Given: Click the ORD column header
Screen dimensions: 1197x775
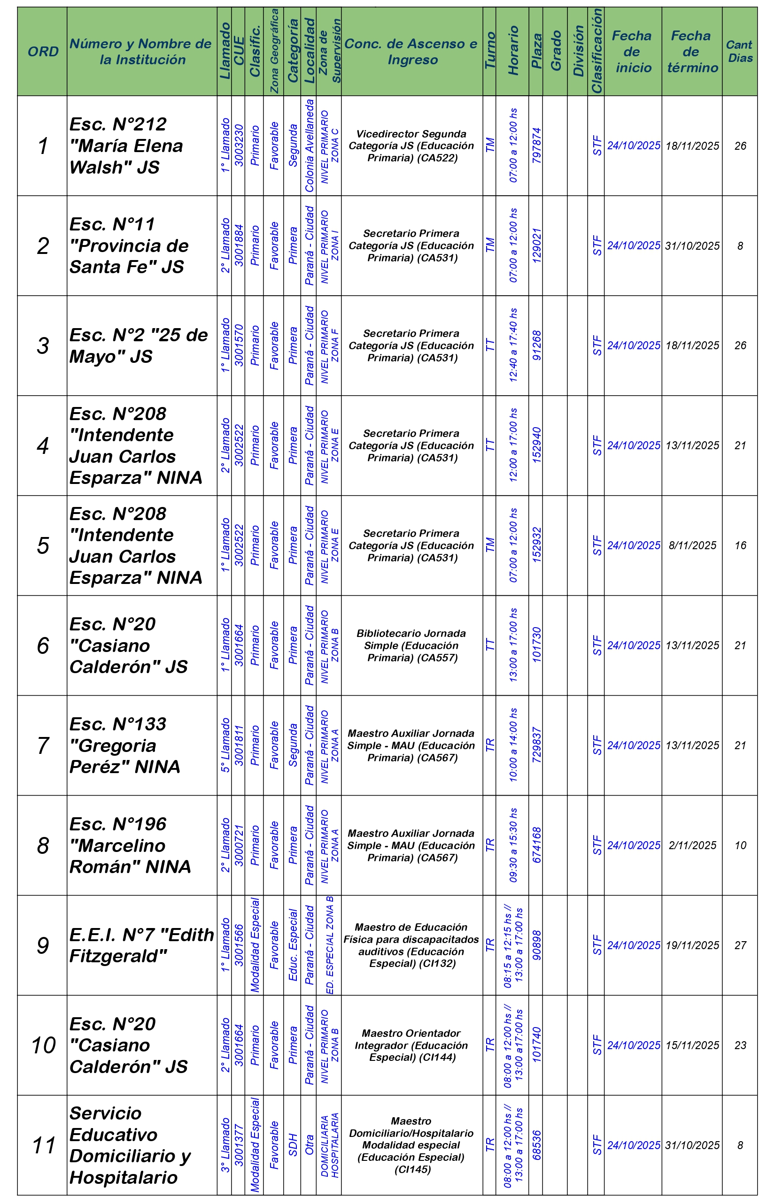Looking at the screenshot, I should (43, 51).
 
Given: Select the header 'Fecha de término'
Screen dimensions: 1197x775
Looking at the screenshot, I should (692, 51).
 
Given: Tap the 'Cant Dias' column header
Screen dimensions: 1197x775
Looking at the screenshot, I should (739, 51).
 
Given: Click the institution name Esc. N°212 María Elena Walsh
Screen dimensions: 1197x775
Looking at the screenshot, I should (126, 146).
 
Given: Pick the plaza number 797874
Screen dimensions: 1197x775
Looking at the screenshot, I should (536, 146).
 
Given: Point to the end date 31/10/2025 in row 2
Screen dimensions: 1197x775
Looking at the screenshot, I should (692, 246).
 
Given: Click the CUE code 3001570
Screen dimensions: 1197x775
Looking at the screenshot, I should (239, 345).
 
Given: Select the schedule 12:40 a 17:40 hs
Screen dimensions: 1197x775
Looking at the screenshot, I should (513, 345).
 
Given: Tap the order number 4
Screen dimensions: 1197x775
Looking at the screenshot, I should (43, 445).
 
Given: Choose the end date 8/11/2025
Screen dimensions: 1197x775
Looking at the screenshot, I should (692, 545).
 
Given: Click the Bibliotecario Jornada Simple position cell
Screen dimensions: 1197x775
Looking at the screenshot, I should (411, 646).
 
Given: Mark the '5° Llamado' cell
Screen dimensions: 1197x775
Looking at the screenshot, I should (225, 745).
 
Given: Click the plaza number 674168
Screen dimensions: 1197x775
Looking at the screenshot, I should (536, 845).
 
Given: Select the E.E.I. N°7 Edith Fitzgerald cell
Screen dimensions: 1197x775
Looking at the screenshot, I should (141, 945).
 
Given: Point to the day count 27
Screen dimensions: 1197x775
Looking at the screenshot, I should (740, 945).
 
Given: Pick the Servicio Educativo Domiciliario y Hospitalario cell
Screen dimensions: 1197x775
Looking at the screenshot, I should (130, 1145).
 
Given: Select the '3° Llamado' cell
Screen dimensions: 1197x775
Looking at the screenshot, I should (225, 1145).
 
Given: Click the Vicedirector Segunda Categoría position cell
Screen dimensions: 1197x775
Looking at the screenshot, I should (411, 146).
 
